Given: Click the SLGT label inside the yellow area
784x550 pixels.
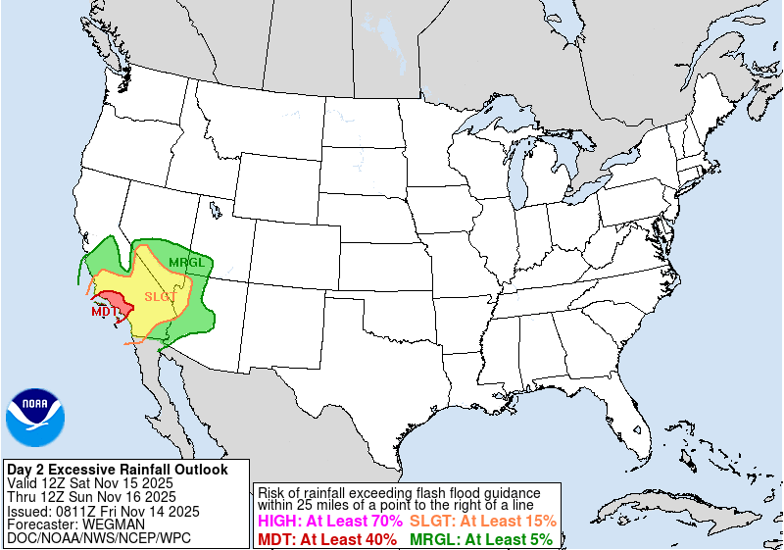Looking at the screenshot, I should pyautogui.click(x=161, y=295).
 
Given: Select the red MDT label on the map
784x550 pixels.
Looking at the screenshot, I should pyautogui.click(x=105, y=312).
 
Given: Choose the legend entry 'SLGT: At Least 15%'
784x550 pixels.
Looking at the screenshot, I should pyautogui.click(x=483, y=522).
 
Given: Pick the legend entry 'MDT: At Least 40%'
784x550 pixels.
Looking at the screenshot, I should pyautogui.click(x=326, y=538).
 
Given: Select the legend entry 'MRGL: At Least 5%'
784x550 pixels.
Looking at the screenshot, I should pyautogui.click(x=480, y=538).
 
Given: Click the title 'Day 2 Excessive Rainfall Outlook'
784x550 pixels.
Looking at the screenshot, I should pyautogui.click(x=117, y=470).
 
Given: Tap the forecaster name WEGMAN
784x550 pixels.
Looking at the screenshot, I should pyautogui.click(x=113, y=525).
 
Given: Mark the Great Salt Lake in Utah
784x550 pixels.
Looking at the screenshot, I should pyautogui.click(x=214, y=209).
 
